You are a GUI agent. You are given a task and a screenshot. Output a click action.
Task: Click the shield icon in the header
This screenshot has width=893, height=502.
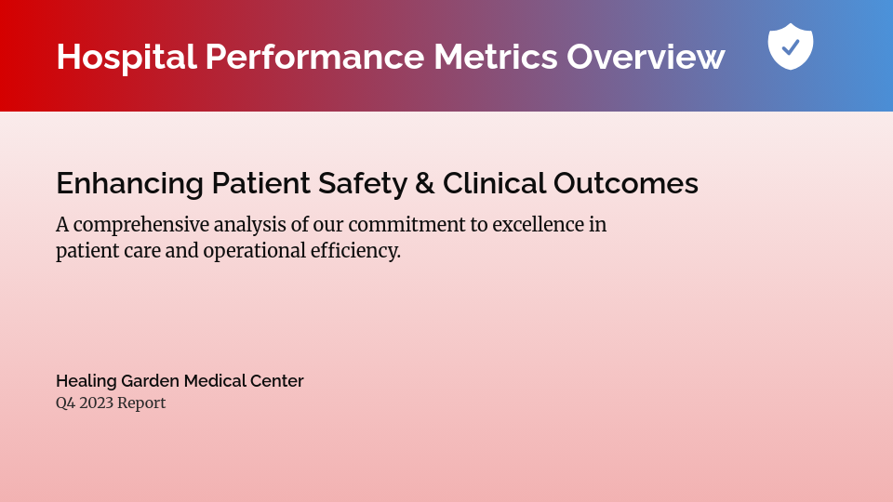[791, 46]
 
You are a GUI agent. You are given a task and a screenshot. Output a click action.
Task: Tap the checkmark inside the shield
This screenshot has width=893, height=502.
[791, 46]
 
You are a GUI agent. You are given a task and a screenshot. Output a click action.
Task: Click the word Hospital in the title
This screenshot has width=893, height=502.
[127, 57]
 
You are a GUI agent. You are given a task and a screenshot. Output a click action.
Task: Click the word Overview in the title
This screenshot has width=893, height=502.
[646, 57]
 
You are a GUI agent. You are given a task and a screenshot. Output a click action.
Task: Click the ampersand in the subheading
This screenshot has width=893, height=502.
[425, 184]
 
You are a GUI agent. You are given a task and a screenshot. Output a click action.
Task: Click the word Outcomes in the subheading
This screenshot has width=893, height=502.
[626, 184]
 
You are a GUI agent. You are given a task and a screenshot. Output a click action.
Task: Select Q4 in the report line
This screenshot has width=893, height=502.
[65, 403]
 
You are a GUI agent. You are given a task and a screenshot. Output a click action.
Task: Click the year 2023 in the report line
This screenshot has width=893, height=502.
[96, 403]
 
